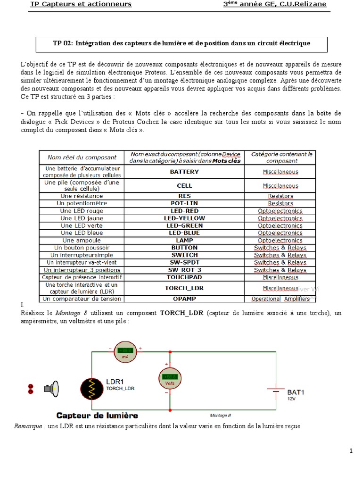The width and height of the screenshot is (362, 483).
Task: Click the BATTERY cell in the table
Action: click(184, 172)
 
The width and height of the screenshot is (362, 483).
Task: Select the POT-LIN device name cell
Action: click(184, 203)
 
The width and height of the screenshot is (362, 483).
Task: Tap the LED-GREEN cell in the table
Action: click(184, 225)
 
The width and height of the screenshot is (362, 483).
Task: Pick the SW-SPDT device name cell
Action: click(184, 262)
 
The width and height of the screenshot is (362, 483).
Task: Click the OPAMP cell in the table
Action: click(184, 299)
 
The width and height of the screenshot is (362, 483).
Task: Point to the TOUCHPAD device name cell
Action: click(184, 277)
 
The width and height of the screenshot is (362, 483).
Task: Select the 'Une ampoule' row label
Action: click(81, 240)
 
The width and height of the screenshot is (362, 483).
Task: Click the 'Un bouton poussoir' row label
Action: click(81, 248)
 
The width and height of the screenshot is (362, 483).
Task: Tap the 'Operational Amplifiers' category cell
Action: click(280, 299)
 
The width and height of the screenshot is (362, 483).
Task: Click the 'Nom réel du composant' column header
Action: click(81, 158)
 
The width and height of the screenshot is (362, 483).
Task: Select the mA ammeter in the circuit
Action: click(125, 352)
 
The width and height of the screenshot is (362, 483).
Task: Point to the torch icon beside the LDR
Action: click(51, 389)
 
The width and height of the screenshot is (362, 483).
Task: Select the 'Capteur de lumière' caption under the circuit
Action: click(97, 416)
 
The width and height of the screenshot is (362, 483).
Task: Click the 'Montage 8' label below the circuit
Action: click(220, 416)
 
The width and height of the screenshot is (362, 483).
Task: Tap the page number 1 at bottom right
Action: click(351, 451)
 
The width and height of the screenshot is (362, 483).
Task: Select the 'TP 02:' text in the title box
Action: click(63, 43)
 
